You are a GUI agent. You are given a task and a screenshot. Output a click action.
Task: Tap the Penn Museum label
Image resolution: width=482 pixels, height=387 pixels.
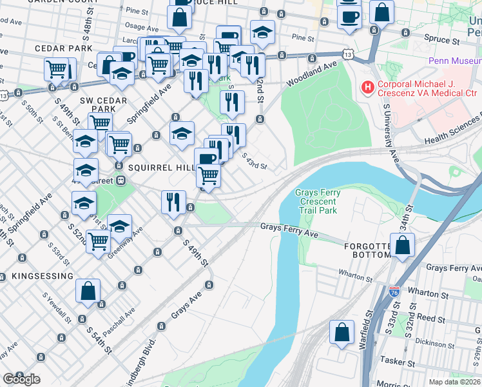(x=454, y=62)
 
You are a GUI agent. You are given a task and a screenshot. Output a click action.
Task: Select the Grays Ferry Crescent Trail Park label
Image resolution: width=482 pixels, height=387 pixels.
(x=316, y=201)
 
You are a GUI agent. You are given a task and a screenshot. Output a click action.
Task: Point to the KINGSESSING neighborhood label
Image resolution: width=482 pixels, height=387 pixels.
(x=42, y=276)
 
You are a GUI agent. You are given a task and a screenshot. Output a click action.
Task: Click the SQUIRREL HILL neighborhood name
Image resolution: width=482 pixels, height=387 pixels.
(x=161, y=167)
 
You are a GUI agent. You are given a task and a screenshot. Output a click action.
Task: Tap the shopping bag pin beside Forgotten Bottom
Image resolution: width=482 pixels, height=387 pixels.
(x=402, y=245)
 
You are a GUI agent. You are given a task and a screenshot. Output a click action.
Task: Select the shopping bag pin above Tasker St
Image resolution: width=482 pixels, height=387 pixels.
(x=342, y=332)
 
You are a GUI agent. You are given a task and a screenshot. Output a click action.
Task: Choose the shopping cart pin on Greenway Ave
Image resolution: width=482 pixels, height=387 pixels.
(x=98, y=242)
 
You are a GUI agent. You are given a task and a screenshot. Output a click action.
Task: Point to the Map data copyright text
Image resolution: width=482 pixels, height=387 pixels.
(x=455, y=382)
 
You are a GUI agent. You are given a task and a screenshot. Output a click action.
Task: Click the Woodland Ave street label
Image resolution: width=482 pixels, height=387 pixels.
(x=323, y=67)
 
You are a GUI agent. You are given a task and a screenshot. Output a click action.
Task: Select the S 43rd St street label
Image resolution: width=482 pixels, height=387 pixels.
(x=255, y=161)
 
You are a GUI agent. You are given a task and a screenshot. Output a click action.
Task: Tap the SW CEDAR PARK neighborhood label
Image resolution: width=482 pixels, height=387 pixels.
(x=98, y=105)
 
